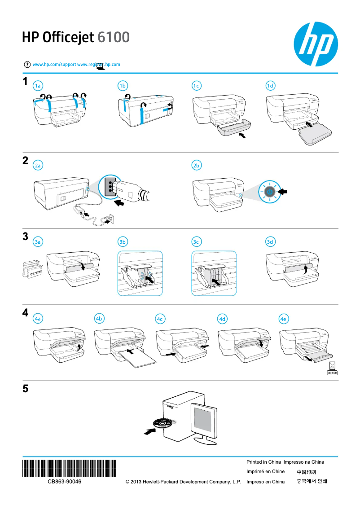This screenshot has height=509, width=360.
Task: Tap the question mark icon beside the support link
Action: [x=28, y=65]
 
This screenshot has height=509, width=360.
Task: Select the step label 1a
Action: [x=39, y=86]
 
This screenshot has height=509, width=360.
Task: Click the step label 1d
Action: [x=270, y=86]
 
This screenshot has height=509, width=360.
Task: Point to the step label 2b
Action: [x=196, y=166]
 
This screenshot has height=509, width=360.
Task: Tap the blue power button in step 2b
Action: [x=269, y=192]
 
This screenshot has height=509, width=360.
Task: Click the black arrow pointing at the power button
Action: [x=282, y=192]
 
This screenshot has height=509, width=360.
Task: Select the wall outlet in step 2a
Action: [x=110, y=219]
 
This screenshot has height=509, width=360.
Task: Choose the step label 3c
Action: [x=196, y=242]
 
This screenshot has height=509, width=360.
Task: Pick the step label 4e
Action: [x=283, y=319]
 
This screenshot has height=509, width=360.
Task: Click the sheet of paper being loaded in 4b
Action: [x=137, y=359]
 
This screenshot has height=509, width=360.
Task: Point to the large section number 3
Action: [x=26, y=237]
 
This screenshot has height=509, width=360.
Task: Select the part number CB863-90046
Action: [x=65, y=482]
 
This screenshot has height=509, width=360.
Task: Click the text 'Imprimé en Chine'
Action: [x=265, y=472]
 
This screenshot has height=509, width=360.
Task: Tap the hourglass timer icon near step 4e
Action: [x=332, y=365]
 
